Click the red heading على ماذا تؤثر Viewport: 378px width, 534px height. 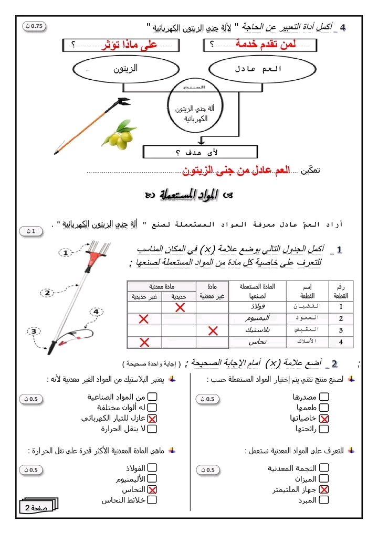(x=129, y=45)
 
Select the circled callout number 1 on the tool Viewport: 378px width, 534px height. (x=65, y=253)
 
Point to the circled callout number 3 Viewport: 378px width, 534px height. (x=34, y=331)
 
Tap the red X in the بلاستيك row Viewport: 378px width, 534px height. (x=212, y=330)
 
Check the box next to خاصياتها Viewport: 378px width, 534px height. (x=324, y=418)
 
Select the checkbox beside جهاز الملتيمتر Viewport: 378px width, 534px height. (x=324, y=489)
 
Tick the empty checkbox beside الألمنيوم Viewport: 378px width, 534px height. (x=152, y=478)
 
